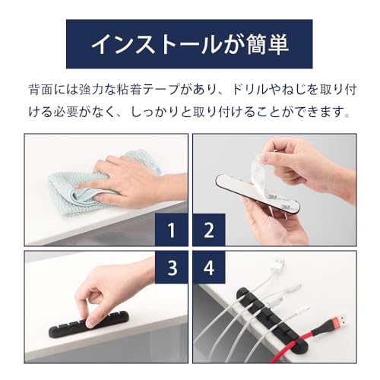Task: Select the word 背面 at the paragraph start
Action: pos(36,90)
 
